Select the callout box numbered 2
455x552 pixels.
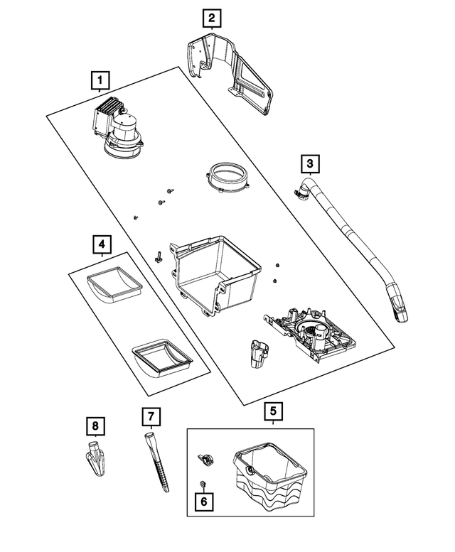pos(211,18)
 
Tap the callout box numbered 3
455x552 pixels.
pos(309,165)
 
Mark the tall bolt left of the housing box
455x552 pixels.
pos(159,257)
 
